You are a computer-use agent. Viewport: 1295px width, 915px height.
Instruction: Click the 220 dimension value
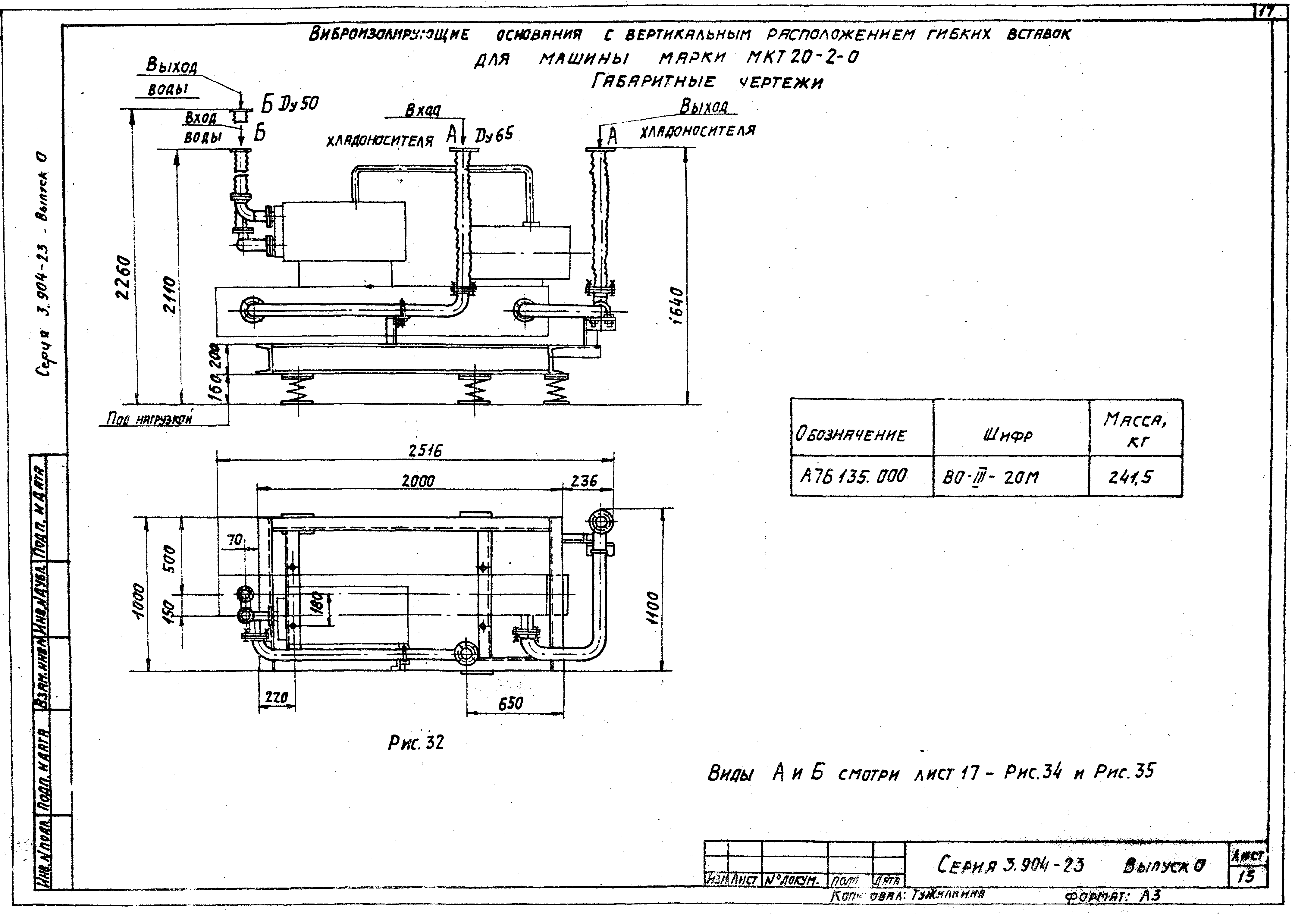[276, 698]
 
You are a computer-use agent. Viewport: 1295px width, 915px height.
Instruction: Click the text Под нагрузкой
[149, 419]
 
